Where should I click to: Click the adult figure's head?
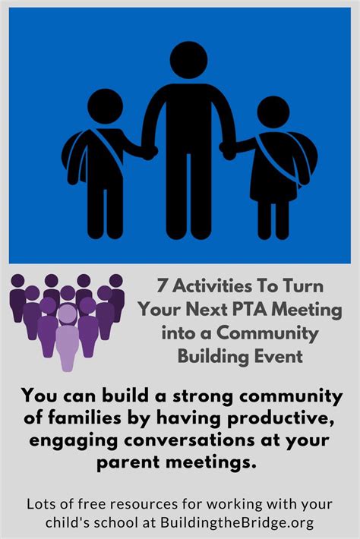coord(188,60)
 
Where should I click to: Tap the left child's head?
coord(106,106)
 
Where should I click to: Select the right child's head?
coord(273,112)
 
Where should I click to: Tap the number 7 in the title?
coord(162,286)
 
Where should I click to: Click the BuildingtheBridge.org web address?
coord(237,523)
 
